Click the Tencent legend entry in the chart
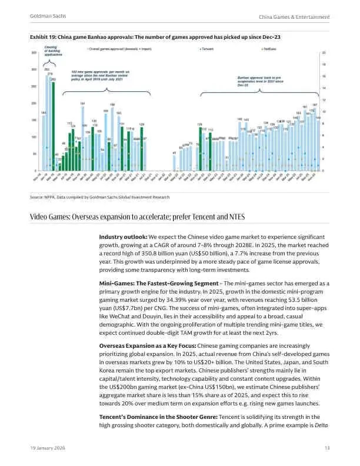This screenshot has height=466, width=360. click(208, 49)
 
